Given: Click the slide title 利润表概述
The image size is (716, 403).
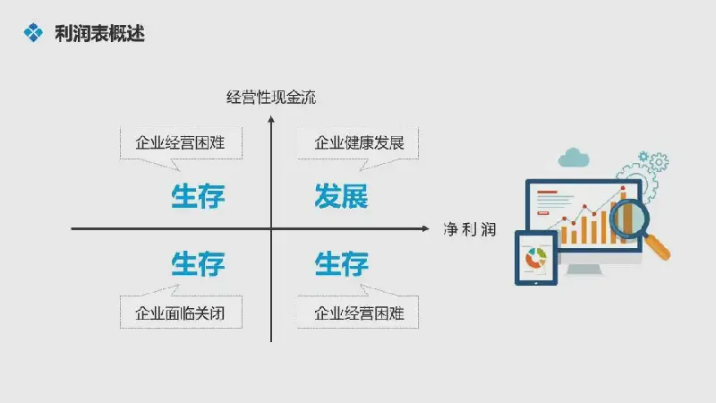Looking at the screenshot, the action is (x=99, y=33).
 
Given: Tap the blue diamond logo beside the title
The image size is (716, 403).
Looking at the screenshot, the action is (x=33, y=33).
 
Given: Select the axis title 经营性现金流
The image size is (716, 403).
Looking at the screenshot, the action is (x=271, y=97).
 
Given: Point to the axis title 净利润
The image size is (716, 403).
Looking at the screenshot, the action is (x=470, y=229).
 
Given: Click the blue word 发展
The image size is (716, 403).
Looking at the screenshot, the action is (x=341, y=196).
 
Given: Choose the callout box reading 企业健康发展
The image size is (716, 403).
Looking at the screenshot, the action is (x=358, y=143).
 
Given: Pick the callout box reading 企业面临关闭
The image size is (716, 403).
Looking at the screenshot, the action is (x=181, y=312).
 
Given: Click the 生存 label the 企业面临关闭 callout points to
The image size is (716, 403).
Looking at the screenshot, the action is (x=198, y=263).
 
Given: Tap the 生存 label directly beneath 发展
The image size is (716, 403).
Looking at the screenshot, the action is (x=341, y=263).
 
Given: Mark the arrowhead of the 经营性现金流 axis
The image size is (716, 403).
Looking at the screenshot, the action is (x=271, y=119).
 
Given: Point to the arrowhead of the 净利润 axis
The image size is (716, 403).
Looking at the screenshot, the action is (x=426, y=228).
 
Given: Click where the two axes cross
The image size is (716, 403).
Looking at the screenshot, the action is (x=271, y=228).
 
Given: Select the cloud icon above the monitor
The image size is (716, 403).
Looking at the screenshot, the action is (x=574, y=158).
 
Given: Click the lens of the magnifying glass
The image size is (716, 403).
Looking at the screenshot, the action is (x=629, y=219).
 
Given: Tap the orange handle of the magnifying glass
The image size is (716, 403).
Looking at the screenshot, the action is (x=658, y=247).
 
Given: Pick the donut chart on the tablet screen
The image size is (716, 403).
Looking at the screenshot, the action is (x=536, y=258).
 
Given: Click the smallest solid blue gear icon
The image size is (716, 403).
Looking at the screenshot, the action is (x=644, y=157).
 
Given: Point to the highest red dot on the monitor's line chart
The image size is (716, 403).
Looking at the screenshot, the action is (x=622, y=188).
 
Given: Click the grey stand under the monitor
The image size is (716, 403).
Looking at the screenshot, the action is (x=584, y=270).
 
